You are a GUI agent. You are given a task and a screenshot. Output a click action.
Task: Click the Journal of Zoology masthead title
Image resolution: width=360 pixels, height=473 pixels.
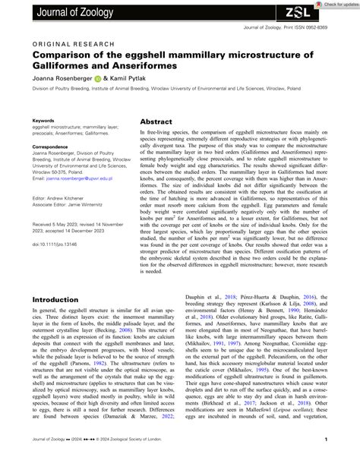tap(60, 10)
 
